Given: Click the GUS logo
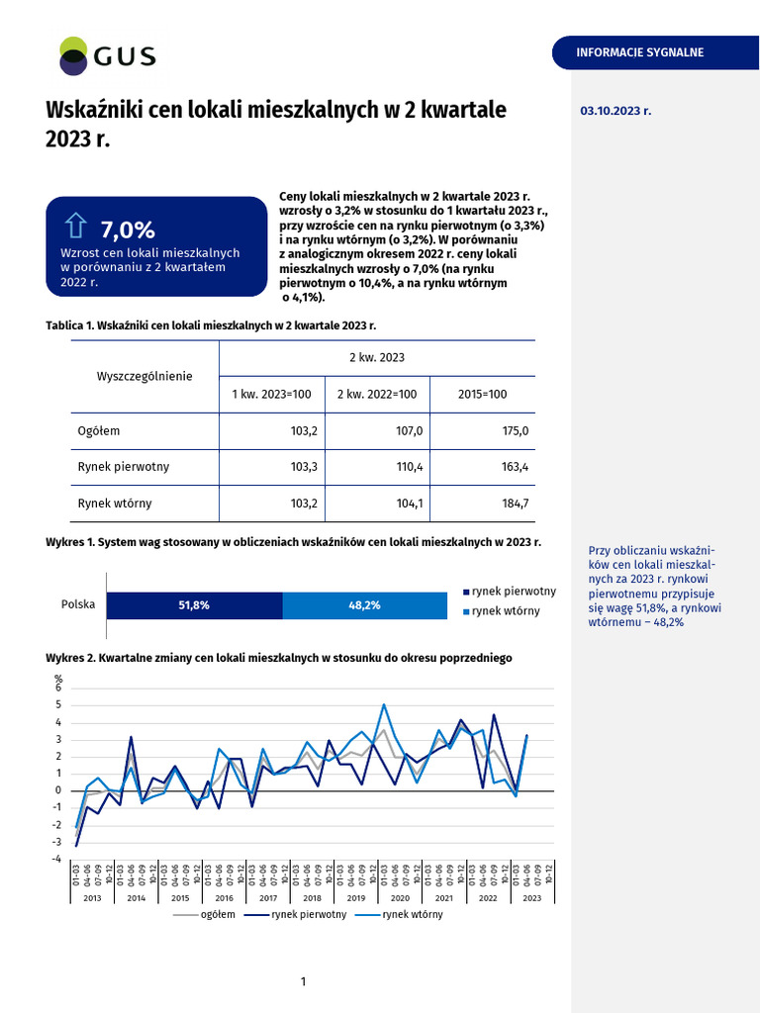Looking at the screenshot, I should [107, 56].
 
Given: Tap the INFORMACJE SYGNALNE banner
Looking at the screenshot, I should [640, 52].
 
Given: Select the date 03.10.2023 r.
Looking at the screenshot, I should [616, 112].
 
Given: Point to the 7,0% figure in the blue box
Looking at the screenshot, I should [128, 230].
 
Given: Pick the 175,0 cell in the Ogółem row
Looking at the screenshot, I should [517, 431].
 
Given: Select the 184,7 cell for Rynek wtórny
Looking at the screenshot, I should [517, 504].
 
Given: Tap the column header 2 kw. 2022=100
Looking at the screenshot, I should [377, 394].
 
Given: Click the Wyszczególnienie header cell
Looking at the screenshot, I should [144, 376].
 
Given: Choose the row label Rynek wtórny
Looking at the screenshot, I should [115, 504].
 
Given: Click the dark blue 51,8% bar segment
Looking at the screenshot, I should [194, 605].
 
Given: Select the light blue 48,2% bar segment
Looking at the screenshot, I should [365, 605].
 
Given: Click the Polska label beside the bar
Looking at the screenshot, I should [78, 604].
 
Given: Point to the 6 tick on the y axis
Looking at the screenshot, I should [59, 688].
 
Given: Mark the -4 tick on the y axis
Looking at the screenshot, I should [57, 859].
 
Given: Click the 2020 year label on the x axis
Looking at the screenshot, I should [400, 897].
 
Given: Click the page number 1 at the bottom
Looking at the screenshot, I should [303, 980].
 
